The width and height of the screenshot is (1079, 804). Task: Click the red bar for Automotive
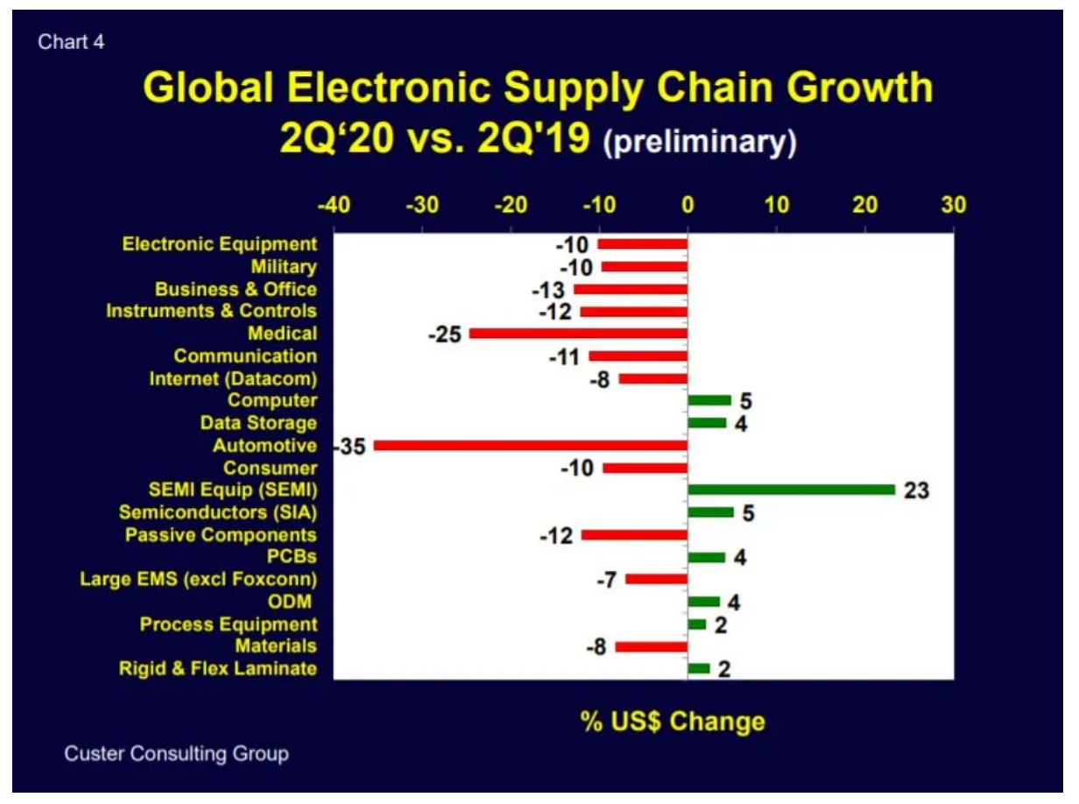point(531,446)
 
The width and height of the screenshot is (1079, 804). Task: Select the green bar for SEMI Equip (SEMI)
point(792,490)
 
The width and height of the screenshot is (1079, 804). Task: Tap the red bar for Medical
point(578,334)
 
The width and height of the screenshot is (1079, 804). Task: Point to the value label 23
point(916,490)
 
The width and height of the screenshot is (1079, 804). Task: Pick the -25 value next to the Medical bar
point(446,335)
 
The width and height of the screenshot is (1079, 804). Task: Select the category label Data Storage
point(258,423)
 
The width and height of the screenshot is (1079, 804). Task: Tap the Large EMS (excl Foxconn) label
point(198,579)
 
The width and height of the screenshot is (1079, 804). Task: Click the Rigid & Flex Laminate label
point(218,669)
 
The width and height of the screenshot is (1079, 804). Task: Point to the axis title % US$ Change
point(673,722)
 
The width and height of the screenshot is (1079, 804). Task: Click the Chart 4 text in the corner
point(71,42)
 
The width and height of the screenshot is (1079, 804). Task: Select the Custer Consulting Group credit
point(176,753)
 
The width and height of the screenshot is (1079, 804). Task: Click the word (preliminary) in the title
point(700,143)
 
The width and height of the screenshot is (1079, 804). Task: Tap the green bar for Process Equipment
point(697,624)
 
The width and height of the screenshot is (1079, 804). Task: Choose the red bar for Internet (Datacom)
point(653,378)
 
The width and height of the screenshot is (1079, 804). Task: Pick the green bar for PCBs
point(707,557)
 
